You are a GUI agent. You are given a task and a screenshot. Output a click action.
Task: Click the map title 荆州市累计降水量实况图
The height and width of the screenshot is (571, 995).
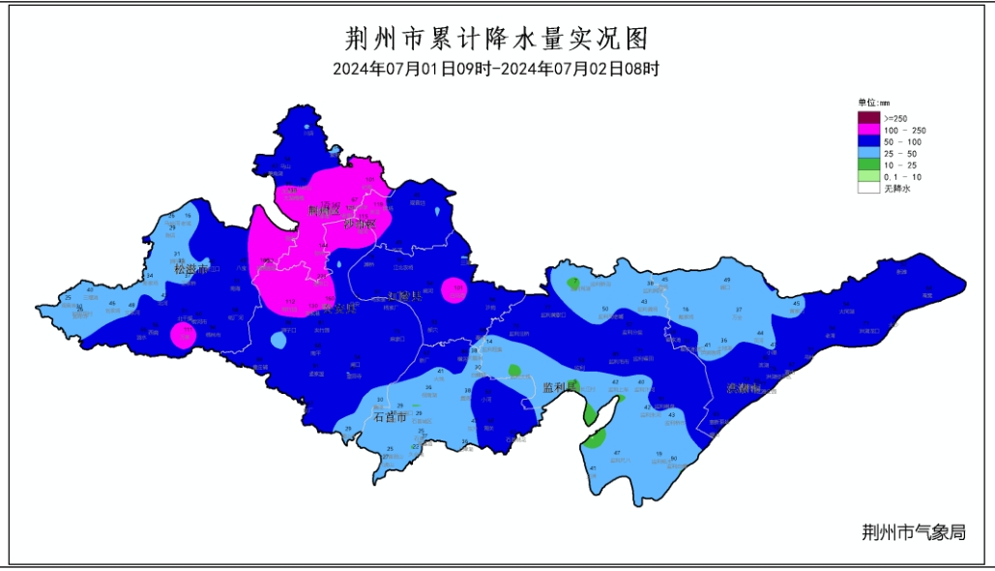point(495,39)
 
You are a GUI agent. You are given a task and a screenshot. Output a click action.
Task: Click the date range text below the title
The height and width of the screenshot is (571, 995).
point(495,70)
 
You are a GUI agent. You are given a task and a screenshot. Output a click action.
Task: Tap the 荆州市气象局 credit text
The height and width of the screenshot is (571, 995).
point(913,531)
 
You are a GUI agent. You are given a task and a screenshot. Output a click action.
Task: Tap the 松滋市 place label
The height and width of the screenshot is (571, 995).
point(191,269)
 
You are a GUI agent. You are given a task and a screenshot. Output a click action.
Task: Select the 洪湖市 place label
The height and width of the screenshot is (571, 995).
point(744,388)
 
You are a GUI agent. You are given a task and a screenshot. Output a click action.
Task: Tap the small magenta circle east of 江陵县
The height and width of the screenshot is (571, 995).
point(454,289)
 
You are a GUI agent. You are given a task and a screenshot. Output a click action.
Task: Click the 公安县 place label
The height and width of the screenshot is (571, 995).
point(339,309)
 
